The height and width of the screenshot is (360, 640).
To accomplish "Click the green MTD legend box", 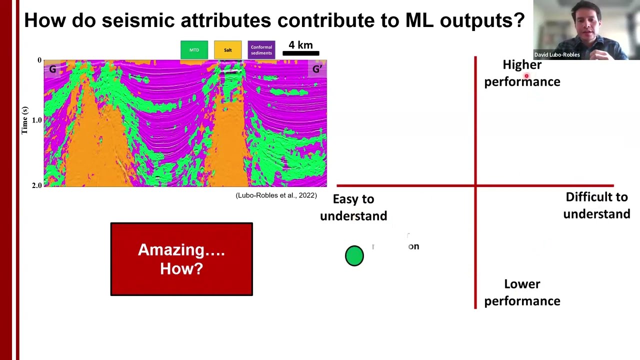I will coord(194,50).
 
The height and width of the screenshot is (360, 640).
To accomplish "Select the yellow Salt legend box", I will coord(227,50).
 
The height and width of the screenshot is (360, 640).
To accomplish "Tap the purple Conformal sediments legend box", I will coord(261,50).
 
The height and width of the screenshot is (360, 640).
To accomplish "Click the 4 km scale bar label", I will coord(300,45).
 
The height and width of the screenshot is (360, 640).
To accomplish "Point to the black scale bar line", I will coord(300,53).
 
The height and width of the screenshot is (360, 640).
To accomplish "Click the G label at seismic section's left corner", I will coord(52,69).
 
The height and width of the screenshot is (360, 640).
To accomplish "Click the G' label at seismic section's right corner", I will coord(317,69).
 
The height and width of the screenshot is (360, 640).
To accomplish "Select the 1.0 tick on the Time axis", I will coord(37,120).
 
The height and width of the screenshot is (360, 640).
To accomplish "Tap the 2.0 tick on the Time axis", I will coord(37,185).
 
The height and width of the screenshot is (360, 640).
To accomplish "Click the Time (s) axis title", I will coord(24,120).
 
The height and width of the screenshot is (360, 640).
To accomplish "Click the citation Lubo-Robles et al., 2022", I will coord(276,195).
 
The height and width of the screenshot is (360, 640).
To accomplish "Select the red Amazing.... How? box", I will coord(181,259).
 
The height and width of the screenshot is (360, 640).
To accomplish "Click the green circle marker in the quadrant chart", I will coord(354,255).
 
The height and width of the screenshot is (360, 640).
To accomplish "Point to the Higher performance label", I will coord(522,73).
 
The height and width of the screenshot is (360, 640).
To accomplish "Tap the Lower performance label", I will coord(522,292).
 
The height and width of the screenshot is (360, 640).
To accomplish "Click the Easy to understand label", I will coord(353,207).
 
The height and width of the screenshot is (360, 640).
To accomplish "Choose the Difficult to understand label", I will coord(596,205).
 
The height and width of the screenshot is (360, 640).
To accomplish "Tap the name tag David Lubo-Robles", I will coord(556,55).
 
